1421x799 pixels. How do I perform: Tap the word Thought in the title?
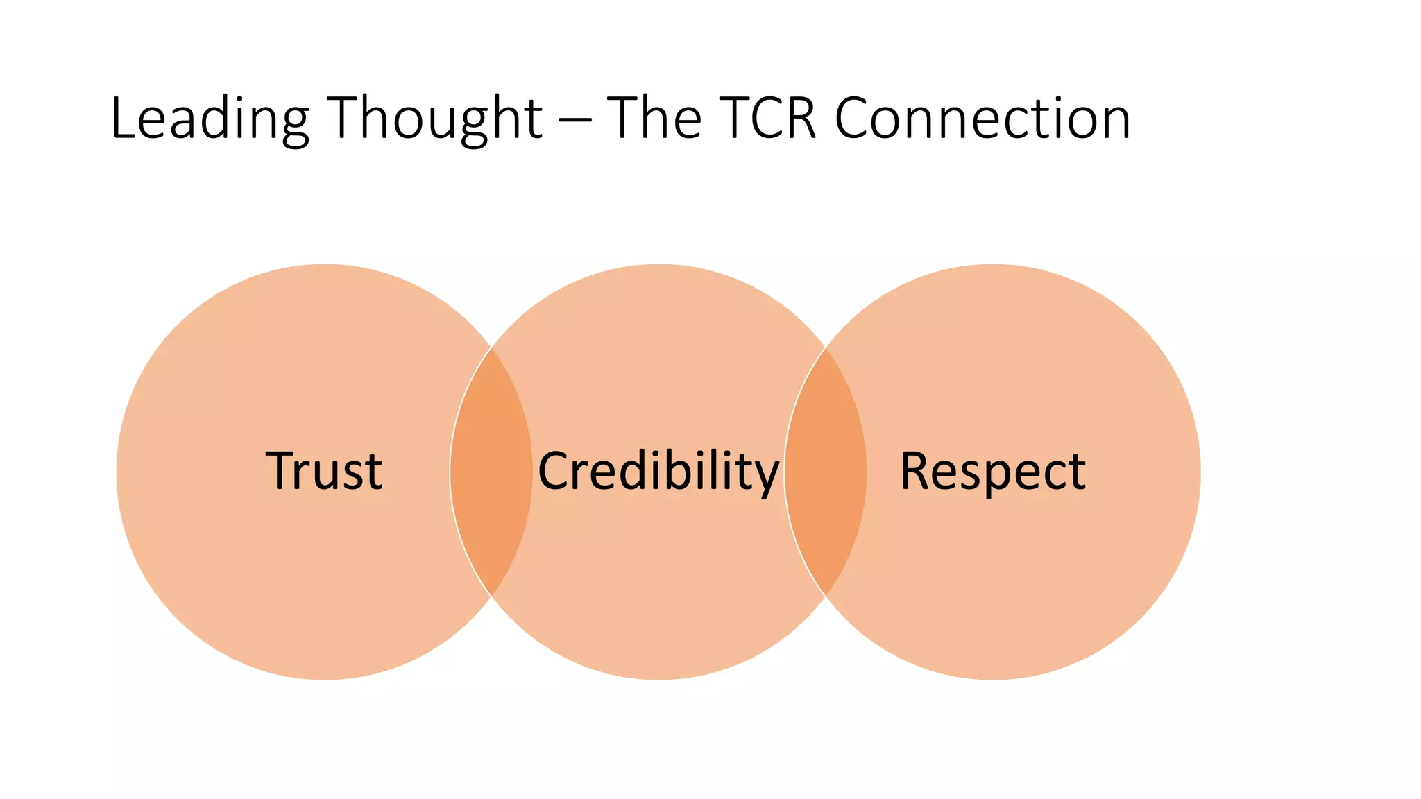point(434,119)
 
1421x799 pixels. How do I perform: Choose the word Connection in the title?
point(982,119)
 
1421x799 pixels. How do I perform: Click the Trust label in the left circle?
point(323,471)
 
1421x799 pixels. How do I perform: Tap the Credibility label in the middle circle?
point(658,471)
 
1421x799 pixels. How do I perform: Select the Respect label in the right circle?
point(993,471)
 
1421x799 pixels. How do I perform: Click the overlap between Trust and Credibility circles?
point(491,472)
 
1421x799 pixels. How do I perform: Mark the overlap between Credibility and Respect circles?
point(826,472)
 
